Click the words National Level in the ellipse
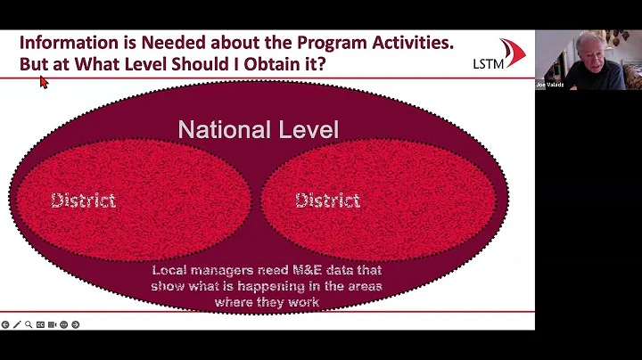pos(258,130)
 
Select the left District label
pos(83,200)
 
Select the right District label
pos(327,200)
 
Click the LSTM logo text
pos(488,63)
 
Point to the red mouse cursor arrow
pos(43,82)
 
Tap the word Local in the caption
pos(169,270)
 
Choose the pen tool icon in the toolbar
pos(17,324)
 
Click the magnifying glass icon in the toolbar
pos(29,324)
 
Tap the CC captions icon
pos(40,324)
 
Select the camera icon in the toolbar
pos(52,324)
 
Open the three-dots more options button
pos(63,324)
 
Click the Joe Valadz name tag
pos(549,85)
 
